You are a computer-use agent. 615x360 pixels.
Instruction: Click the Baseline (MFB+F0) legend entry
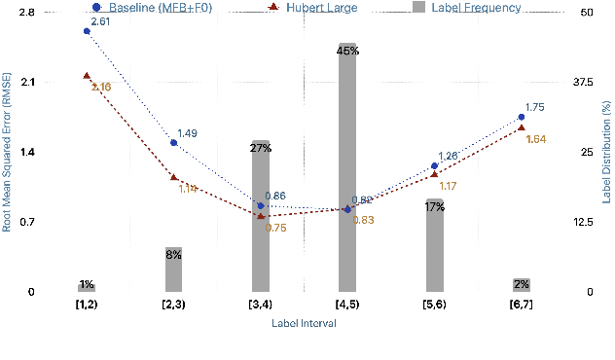click(156, 8)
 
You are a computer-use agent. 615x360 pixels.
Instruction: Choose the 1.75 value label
click(534, 108)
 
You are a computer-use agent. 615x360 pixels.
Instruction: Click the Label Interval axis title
click(305, 324)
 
